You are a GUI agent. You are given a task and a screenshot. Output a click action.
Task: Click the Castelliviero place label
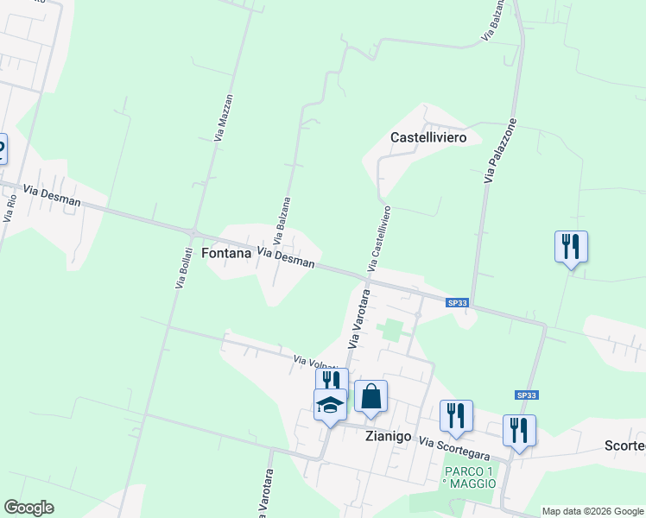pyautogui.click(x=428, y=137)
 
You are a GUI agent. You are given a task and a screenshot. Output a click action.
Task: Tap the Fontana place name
pyautogui.click(x=225, y=253)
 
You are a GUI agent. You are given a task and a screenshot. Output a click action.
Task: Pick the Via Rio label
pyautogui.click(x=11, y=208)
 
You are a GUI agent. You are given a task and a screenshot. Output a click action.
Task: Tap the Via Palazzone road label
pyautogui.click(x=501, y=151)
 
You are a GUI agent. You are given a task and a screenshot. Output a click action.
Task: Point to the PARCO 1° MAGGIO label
pyautogui.click(x=471, y=477)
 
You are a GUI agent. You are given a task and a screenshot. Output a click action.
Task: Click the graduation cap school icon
pyautogui.click(x=330, y=406)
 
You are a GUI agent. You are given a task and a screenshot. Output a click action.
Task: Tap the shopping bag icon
pyautogui.click(x=370, y=396)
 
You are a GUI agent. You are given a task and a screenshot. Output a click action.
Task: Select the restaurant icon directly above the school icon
pyautogui.click(x=332, y=381)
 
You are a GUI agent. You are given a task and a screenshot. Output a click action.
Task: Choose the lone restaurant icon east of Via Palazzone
pyautogui.click(x=571, y=246)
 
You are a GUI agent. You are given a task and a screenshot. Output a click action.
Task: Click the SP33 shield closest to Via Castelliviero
pyautogui.click(x=458, y=302)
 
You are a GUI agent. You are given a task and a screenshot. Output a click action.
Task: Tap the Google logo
pyautogui.click(x=28, y=508)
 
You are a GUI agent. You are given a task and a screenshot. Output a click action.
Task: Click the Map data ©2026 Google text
pyautogui.click(x=592, y=511)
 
